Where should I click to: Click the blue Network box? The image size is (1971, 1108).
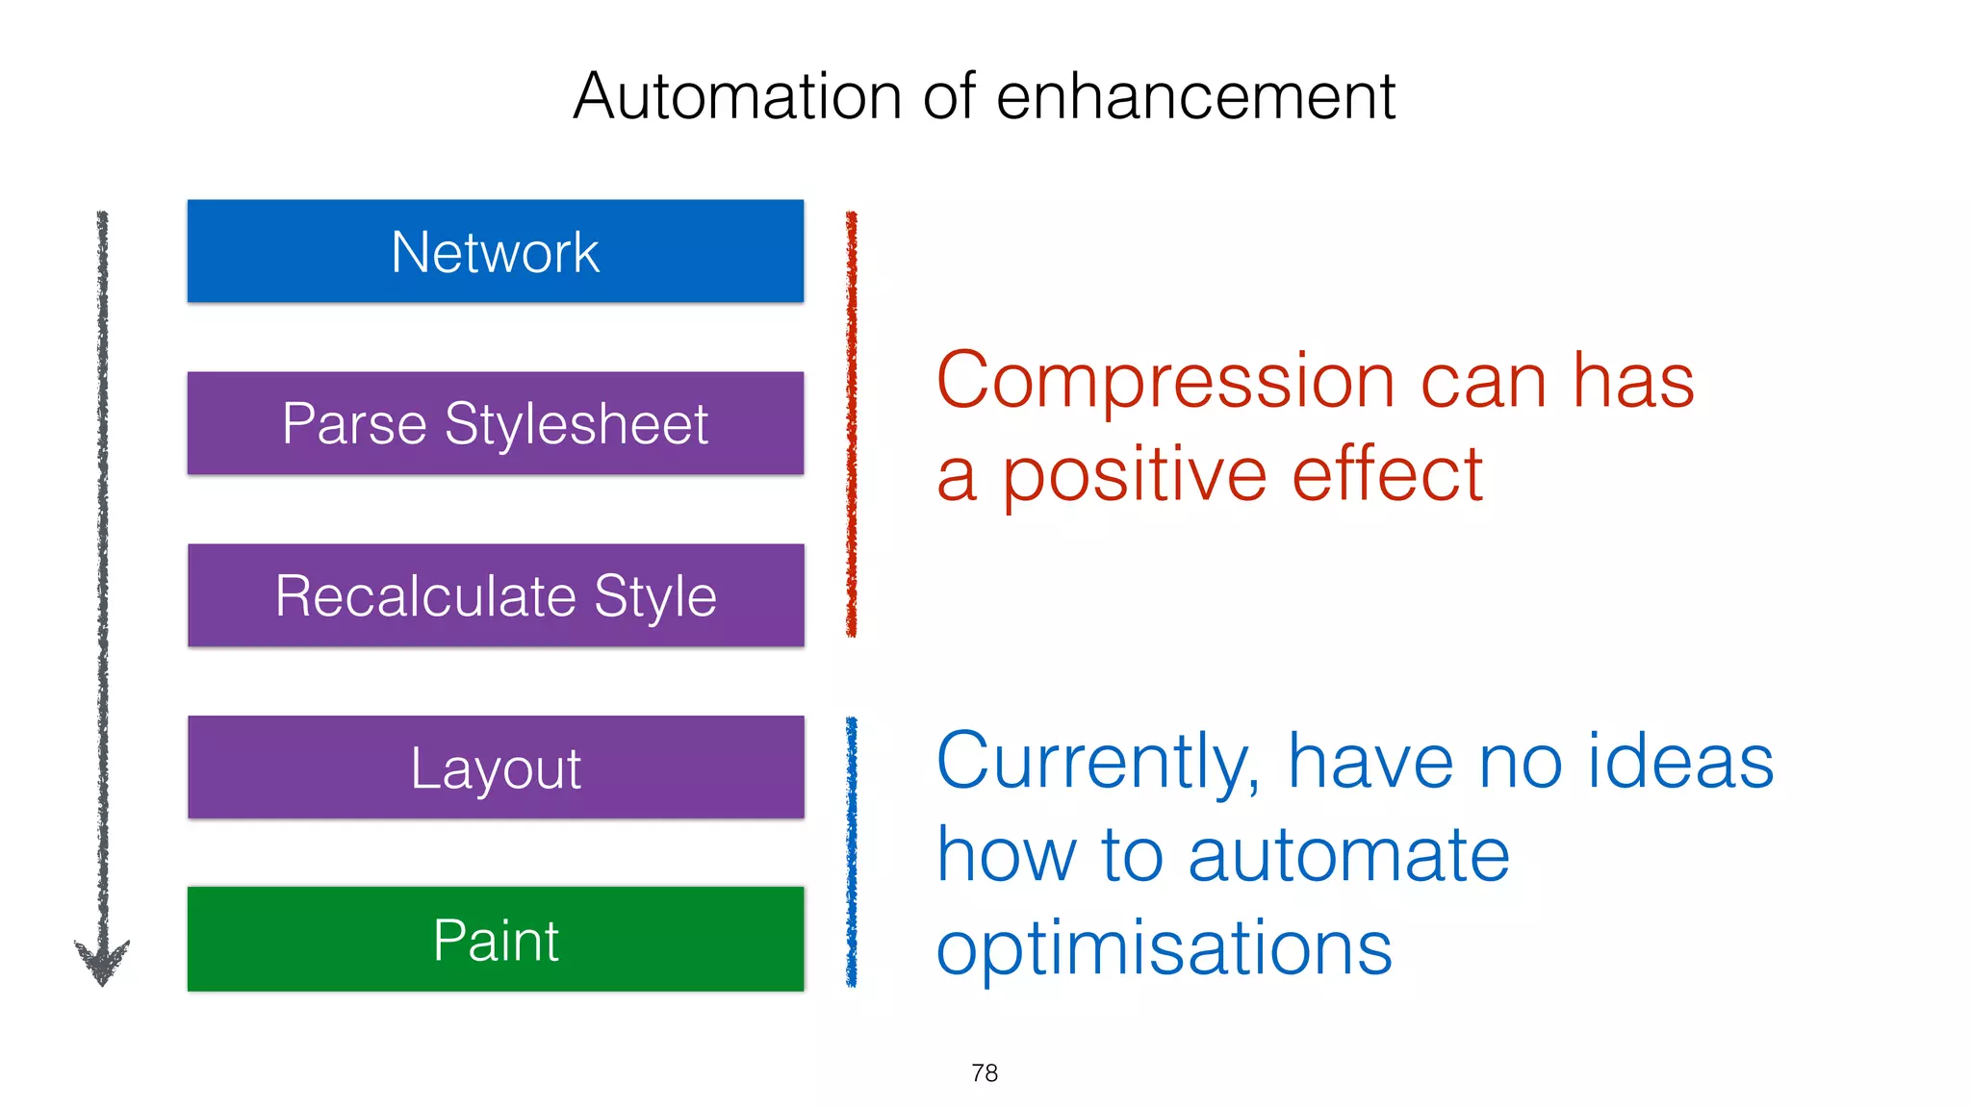(495, 251)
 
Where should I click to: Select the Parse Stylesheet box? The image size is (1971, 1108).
(495, 423)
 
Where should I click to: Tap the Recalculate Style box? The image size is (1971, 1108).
(495, 595)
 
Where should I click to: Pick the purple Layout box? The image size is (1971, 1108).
(495, 768)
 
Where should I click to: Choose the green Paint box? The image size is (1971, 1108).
(495, 939)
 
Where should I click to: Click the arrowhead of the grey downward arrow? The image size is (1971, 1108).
(102, 962)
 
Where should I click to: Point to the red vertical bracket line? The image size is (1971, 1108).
(851, 423)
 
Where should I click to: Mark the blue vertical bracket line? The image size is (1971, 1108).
(851, 852)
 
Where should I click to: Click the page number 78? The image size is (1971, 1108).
(985, 1072)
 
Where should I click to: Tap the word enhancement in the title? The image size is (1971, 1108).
(1195, 96)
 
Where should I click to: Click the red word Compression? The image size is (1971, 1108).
(1165, 382)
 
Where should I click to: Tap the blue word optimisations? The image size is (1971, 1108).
(1165, 948)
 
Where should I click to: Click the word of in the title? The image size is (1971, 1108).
(949, 96)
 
